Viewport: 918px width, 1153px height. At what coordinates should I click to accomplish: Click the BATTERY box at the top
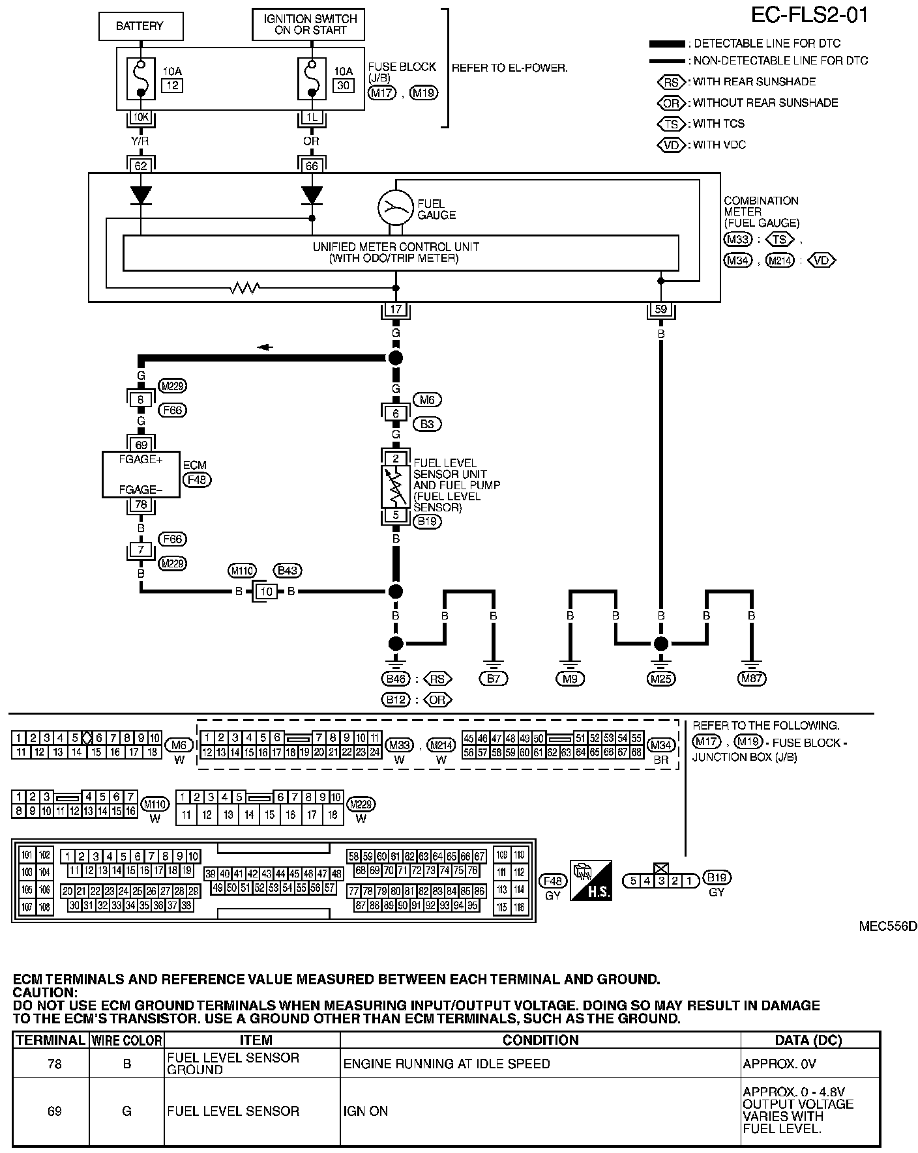[140, 27]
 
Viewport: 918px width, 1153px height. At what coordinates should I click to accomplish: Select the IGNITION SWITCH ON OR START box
[308, 25]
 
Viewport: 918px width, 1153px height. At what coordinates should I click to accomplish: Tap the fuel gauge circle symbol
[395, 207]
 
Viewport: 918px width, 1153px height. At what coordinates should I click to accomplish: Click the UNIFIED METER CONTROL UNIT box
[400, 253]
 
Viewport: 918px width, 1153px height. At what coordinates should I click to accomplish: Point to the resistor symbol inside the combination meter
[246, 287]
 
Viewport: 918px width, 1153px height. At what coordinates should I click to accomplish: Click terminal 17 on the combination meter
[396, 309]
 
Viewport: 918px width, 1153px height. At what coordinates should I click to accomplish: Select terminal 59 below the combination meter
[661, 309]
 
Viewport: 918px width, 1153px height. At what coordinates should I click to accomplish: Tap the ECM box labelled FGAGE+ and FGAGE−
[141, 474]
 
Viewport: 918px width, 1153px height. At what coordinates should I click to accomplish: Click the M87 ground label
[752, 679]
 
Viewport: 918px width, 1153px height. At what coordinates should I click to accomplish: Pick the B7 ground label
[493, 679]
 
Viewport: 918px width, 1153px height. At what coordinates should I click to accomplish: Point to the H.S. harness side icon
[591, 880]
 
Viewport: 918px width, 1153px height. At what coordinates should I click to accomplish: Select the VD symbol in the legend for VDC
[672, 145]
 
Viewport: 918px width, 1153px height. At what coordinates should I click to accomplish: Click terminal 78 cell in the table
[54, 1064]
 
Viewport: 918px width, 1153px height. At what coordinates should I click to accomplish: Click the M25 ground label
[661, 679]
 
